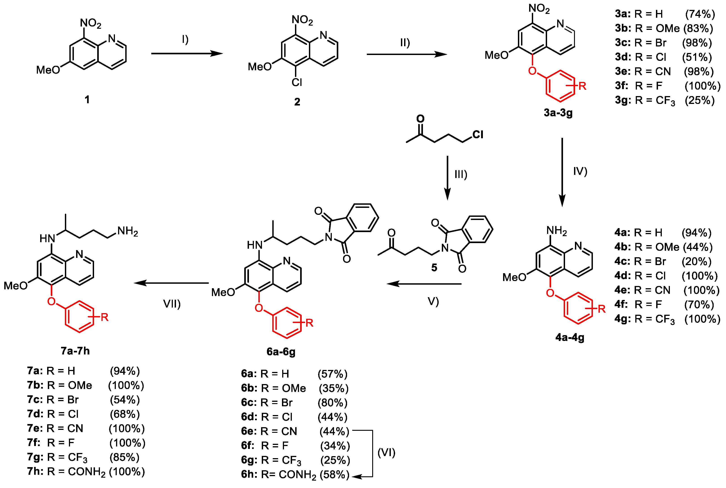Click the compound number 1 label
87,100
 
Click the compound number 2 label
297,102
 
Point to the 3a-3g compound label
558,113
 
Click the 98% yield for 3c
697,43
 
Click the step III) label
461,175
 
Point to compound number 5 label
434,267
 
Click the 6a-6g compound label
281,352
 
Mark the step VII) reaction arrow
171,283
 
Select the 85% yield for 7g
124,457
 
